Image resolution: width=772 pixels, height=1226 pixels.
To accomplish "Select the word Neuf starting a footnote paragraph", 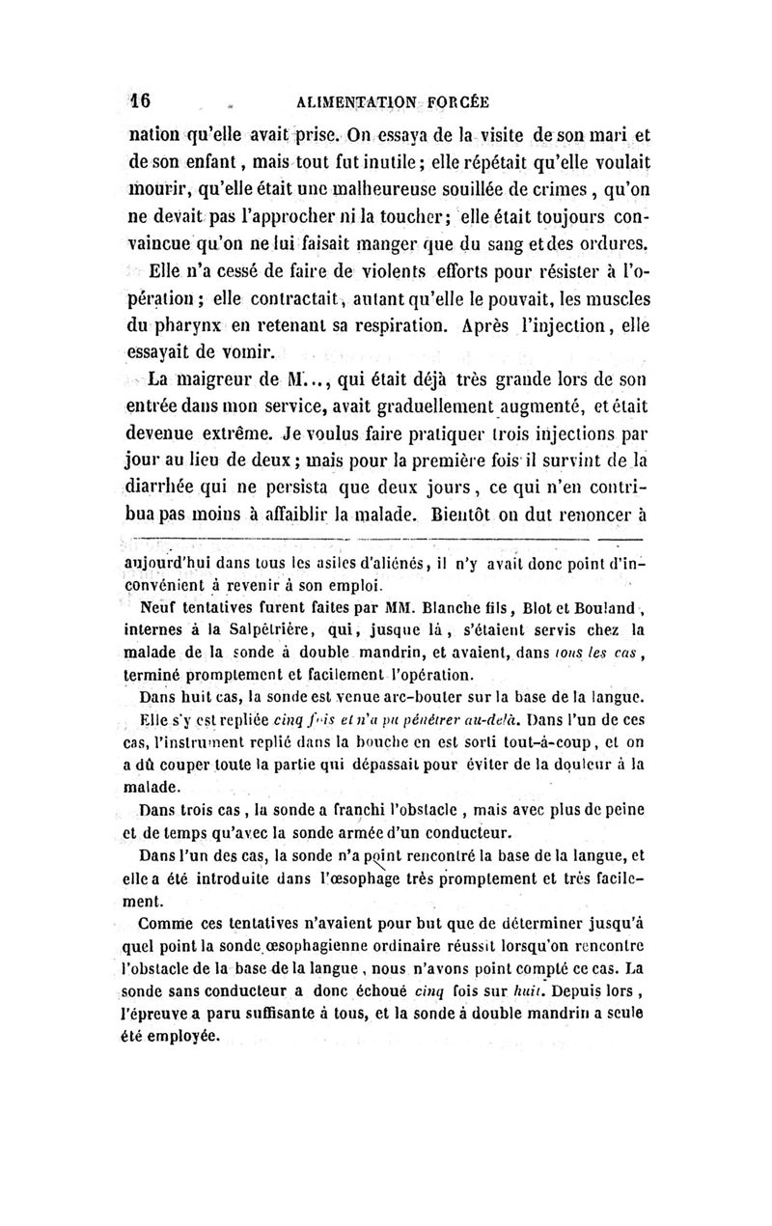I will pos(158,609).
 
